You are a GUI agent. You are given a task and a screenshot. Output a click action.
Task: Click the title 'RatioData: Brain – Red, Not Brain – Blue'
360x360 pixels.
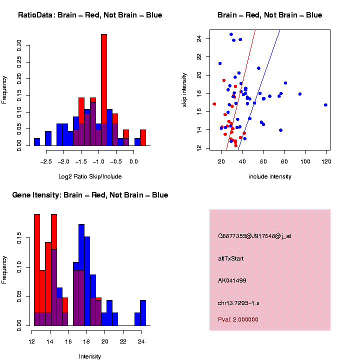pyautogui.click(x=90, y=15)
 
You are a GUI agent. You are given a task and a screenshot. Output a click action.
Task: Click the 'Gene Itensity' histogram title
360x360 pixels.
pyautogui.click(x=90, y=194)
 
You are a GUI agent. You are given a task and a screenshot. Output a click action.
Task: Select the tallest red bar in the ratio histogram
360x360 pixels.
pyautogui.click(x=104, y=90)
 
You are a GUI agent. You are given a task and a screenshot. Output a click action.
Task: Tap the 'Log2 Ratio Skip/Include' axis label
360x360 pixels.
pyautogui.click(x=90, y=176)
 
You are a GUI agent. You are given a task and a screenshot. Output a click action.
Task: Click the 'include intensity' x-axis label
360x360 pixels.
pyautogui.click(x=270, y=176)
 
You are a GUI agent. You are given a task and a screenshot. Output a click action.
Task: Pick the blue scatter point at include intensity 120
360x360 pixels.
pyautogui.click(x=325, y=105)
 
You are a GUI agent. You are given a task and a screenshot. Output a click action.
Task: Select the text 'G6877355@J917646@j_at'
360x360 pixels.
pyautogui.click(x=254, y=236)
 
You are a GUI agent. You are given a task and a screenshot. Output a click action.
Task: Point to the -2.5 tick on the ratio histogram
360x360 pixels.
pyautogui.click(x=46, y=161)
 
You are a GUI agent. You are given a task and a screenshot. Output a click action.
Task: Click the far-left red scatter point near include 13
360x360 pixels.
pyautogui.click(x=214, y=104)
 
